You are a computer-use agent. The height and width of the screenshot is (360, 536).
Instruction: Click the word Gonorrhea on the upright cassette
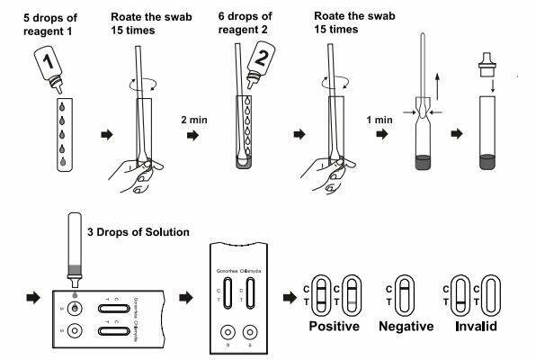point(226,270)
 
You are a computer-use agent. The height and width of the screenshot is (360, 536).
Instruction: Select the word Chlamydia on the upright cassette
point(251,270)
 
